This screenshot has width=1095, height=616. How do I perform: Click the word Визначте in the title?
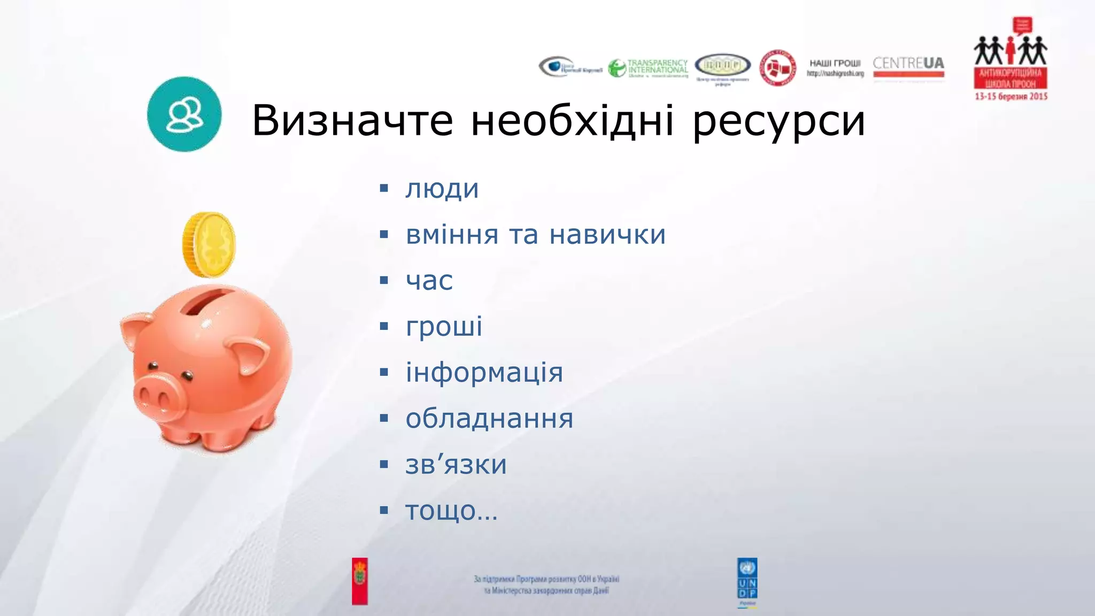click(352, 120)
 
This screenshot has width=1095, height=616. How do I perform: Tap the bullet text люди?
click(442, 189)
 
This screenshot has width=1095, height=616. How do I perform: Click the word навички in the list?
click(607, 235)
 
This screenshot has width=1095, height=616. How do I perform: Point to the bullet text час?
click(429, 281)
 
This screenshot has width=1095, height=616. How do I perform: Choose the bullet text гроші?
click(444, 327)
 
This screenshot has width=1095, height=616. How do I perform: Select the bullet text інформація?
click(484, 373)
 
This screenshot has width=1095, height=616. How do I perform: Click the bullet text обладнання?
click(489, 419)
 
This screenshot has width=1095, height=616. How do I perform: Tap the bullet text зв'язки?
click(456, 465)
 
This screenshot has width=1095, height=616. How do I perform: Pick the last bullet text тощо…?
click(451, 511)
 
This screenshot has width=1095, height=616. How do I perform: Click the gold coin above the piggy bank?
click(209, 244)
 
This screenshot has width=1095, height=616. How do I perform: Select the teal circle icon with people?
click(184, 114)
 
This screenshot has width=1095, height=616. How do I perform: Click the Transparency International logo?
click(648, 68)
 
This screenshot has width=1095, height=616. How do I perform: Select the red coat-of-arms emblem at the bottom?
click(360, 581)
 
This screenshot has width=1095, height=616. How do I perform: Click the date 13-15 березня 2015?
click(1011, 97)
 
